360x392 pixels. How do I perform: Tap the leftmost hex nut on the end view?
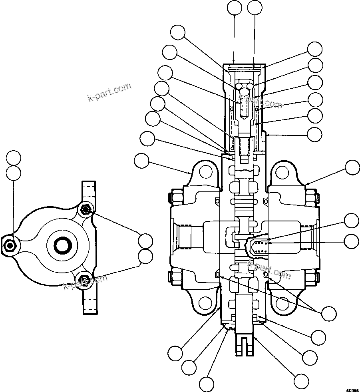pyautogui.click(x=9, y=244)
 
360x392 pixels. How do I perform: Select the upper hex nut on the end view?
pyautogui.click(x=85, y=209)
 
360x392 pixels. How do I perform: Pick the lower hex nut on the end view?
pyautogui.click(x=84, y=279)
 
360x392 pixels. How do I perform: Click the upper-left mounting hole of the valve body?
pyautogui.click(x=206, y=172)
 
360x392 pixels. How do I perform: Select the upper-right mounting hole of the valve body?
pyautogui.click(x=282, y=172)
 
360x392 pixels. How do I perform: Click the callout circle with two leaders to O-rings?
pyautogui.click(x=329, y=313)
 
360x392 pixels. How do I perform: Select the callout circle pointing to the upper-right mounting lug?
pyautogui.click(x=352, y=167)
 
